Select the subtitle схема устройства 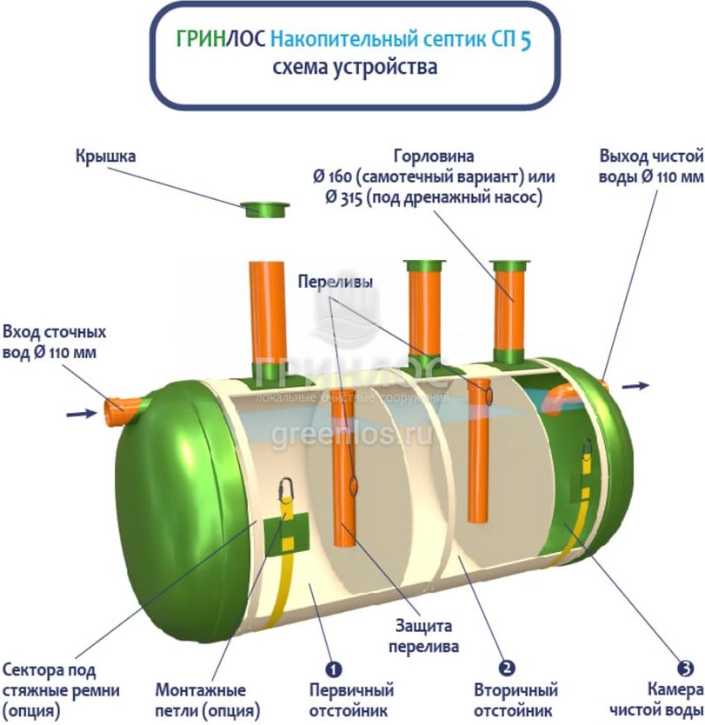355,67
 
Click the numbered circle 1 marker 333,669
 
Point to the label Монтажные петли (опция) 201,701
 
